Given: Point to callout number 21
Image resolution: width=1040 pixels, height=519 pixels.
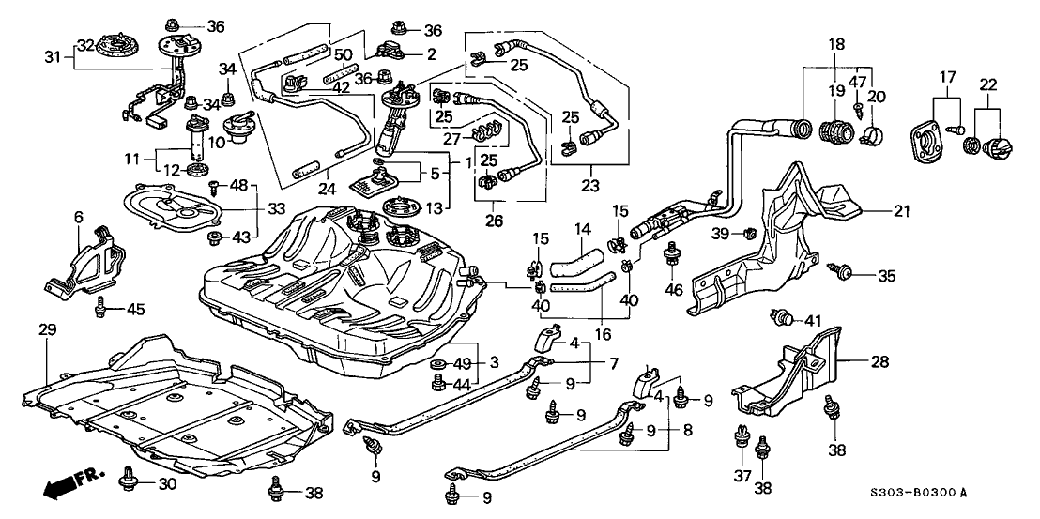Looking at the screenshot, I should [902, 212].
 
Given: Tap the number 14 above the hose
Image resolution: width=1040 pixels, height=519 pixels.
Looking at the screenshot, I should [582, 228].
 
